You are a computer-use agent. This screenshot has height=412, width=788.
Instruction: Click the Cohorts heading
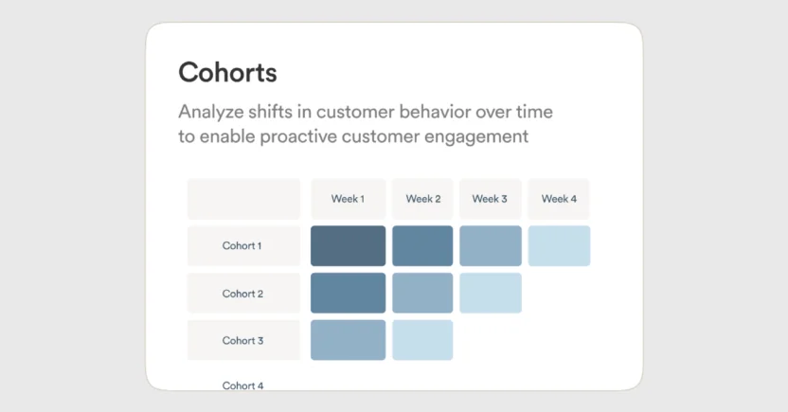[227, 72]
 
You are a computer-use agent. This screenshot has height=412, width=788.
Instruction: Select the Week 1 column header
[348, 199]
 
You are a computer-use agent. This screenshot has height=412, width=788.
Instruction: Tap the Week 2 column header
[422, 199]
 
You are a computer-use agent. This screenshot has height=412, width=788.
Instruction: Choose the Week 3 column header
[490, 199]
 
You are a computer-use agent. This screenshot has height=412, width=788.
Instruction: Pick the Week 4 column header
[559, 199]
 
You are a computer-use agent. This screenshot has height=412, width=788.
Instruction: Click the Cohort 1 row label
[242, 246]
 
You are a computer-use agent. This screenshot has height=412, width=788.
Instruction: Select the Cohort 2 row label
[242, 294]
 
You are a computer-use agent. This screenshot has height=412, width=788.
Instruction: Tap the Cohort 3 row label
[242, 340]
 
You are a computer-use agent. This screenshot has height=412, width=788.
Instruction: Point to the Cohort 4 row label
[242, 385]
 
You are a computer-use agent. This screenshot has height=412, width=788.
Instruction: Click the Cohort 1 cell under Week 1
[348, 246]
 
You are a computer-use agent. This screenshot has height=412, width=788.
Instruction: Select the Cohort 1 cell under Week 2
[422, 246]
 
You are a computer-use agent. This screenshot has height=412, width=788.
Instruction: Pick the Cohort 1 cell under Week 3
[490, 246]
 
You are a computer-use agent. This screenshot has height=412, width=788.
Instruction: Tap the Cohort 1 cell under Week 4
[559, 246]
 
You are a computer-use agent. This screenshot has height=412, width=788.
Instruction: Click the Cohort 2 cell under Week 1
[348, 293]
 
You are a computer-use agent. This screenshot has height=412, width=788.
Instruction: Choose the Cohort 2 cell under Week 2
[422, 293]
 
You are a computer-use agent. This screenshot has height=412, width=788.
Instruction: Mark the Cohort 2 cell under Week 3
[490, 293]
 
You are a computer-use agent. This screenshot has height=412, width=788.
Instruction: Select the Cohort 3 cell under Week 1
[348, 340]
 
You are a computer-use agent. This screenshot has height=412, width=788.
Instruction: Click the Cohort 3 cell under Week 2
[422, 340]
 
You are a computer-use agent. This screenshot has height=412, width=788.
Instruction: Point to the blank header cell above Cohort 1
[243, 199]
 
